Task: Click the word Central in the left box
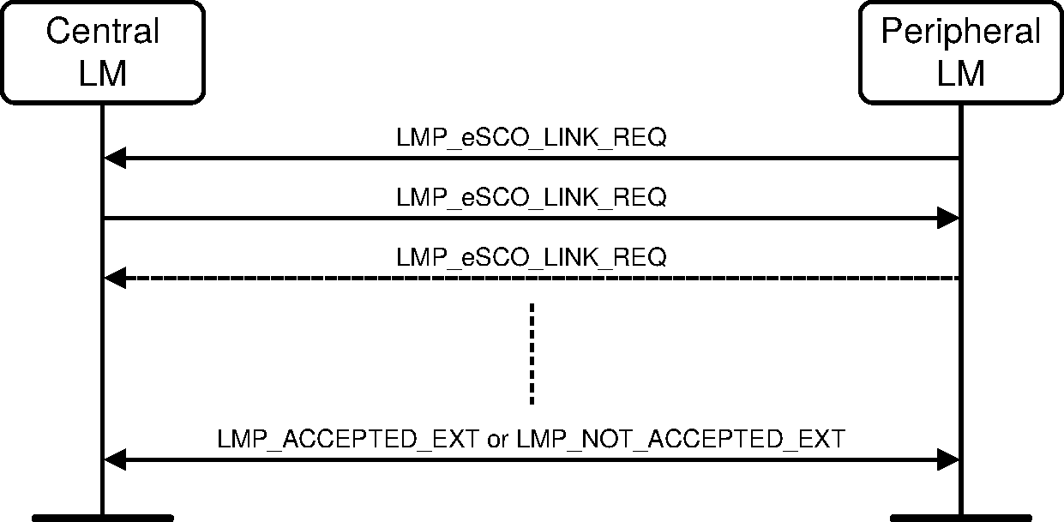102,32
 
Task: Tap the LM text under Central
102,74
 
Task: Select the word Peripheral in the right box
960,32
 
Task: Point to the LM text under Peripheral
960,74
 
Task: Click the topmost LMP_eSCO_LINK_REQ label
531,138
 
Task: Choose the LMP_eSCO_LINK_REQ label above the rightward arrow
531,197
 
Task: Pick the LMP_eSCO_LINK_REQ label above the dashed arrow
531,257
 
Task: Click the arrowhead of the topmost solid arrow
114,158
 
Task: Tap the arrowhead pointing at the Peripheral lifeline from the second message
947,218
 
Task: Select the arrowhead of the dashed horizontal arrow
114,278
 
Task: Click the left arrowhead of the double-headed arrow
114,460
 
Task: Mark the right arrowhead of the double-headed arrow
947,460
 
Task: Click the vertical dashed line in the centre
532,353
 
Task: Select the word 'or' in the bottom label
496,440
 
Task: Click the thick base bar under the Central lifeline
103,518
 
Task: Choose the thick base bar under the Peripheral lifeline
960,518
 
